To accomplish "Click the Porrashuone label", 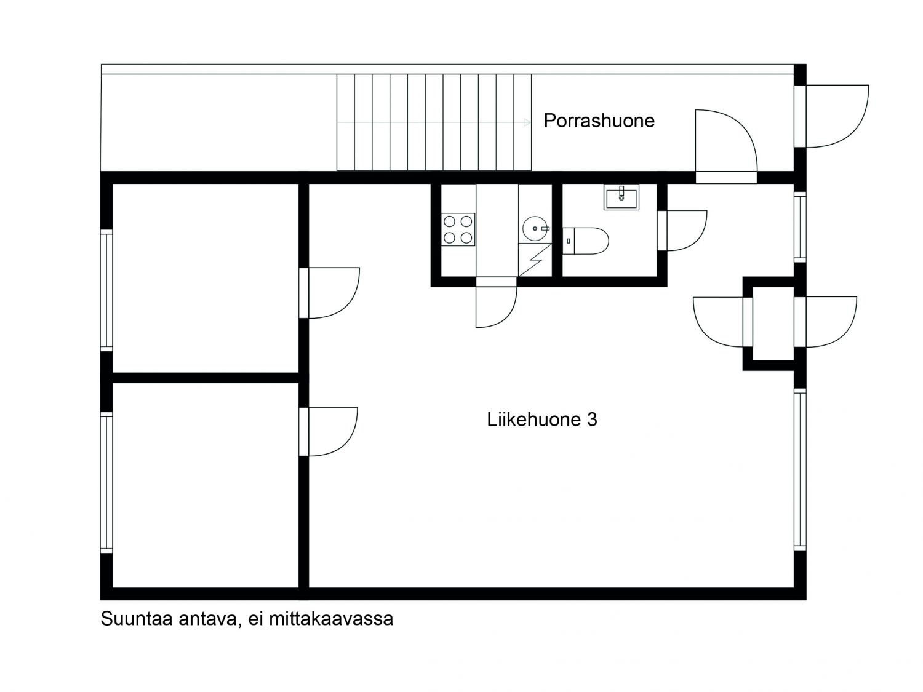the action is [x=599, y=121].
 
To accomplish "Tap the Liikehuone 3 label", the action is [x=541, y=420].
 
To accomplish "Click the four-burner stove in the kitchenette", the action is [x=458, y=229].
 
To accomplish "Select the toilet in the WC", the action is [x=585, y=241].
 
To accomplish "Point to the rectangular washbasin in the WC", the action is [x=621, y=197].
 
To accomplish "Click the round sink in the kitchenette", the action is [x=536, y=229].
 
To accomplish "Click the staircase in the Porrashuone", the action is [x=434, y=122].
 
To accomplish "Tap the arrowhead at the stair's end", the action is [x=527, y=122].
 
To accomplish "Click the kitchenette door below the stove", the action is [x=496, y=303].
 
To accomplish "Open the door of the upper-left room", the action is [x=329, y=293].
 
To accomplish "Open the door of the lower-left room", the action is [x=329, y=432].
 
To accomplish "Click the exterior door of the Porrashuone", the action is [x=831, y=116].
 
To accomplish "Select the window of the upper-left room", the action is [x=106, y=290].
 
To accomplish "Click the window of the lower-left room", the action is [x=106, y=482].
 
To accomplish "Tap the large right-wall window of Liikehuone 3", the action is [x=800, y=469].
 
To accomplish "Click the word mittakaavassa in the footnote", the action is [x=331, y=619].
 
